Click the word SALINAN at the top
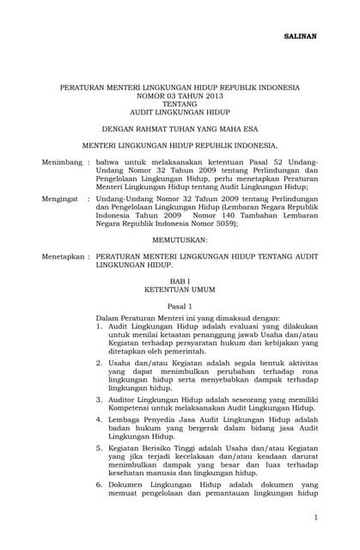300,38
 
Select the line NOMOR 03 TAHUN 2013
180,95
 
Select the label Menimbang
61,161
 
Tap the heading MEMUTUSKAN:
180,238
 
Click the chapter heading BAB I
180,280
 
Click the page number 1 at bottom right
315,517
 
